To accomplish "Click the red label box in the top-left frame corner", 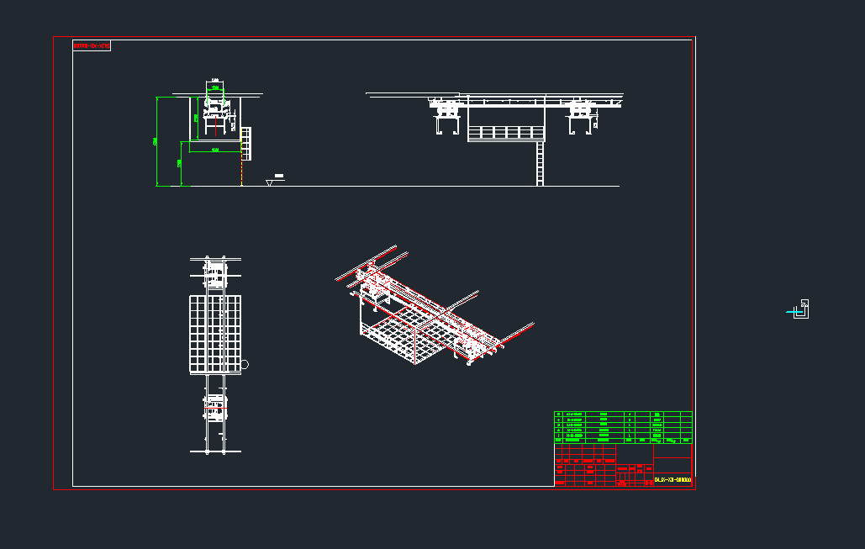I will coord(92,45).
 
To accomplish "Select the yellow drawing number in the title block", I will coord(672,480).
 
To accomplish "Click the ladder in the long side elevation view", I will coord(540,164).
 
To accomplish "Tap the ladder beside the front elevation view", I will coord(246,142).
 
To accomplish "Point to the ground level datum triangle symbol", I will coord(269,182).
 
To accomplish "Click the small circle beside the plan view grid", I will coord(245,365).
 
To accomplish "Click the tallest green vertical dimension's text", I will coord(155,141).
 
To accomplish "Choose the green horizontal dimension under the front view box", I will coord(215,150).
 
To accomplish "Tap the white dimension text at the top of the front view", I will coord(215,81).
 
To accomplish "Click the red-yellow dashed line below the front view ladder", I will coord(242,172).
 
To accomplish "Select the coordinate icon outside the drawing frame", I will coord(799,310).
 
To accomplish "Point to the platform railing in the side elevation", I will coord(506,132).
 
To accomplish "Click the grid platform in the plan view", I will coord(214,334).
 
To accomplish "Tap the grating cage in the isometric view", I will coord(403,336).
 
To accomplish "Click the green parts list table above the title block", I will coord(623,426).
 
